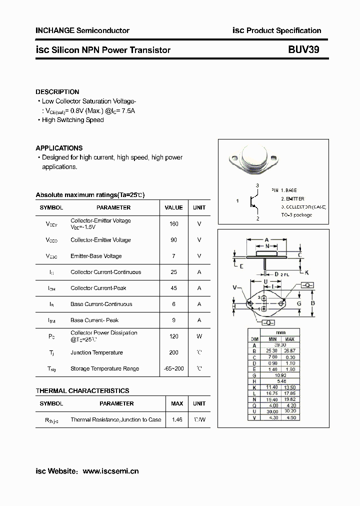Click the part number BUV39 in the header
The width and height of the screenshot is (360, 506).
(x=303, y=49)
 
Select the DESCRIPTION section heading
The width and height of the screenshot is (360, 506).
(x=57, y=92)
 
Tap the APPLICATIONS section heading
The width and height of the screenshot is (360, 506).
(x=59, y=148)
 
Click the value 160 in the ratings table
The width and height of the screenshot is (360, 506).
(x=173, y=224)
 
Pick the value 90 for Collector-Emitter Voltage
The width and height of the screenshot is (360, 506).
(x=173, y=240)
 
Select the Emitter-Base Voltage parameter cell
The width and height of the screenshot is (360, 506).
(x=96, y=256)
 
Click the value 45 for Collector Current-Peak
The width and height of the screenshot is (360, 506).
(x=173, y=288)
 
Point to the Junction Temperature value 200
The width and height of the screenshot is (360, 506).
(x=173, y=352)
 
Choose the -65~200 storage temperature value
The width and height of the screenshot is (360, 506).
(x=173, y=368)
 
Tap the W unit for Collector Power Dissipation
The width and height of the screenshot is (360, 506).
(x=199, y=336)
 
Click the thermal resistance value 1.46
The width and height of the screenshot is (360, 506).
(x=177, y=419)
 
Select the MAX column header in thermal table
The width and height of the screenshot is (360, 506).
(x=177, y=403)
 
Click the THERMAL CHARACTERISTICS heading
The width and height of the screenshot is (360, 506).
(x=82, y=391)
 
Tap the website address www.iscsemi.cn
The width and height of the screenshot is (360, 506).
(x=110, y=471)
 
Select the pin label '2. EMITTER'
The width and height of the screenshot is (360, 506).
(x=292, y=198)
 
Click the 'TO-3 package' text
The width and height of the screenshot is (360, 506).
(x=296, y=215)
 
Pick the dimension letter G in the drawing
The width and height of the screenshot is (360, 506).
(x=298, y=303)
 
